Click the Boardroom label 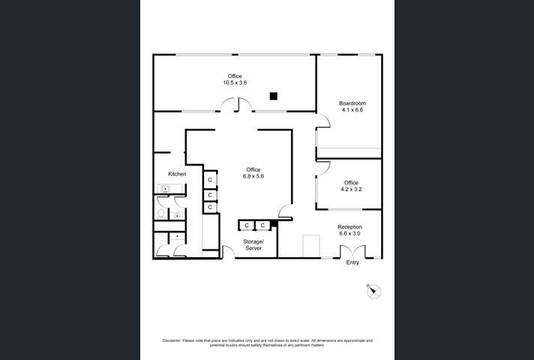(351, 103)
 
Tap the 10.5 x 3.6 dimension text (235, 82)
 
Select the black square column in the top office (274, 96)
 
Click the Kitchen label (177, 174)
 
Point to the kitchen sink (165, 189)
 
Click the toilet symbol (161, 213)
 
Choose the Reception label (349, 226)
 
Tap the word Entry (352, 262)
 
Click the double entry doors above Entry (352, 251)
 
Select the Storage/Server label (253, 244)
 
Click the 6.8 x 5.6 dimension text (253, 176)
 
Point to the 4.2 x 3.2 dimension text (351, 190)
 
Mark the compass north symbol (373, 291)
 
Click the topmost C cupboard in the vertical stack (211, 180)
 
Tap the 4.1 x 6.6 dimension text (351, 109)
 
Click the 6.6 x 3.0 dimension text (349, 233)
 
